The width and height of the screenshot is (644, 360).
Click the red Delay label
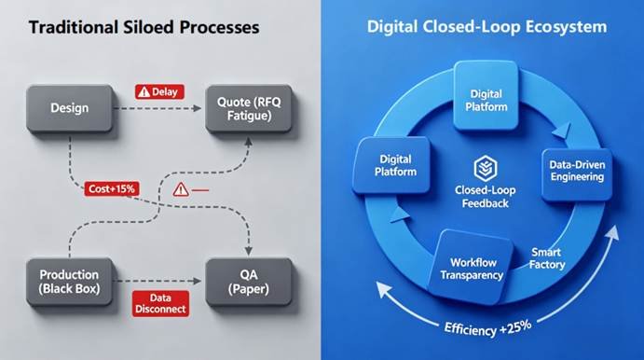[159, 91]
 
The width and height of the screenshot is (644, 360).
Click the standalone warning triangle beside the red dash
[181, 189]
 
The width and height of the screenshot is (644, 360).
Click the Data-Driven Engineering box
[576, 173]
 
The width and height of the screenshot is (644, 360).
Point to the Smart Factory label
[548, 259]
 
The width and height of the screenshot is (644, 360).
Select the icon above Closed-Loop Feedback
[484, 168]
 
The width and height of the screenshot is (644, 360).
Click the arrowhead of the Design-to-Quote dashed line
[199, 108]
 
